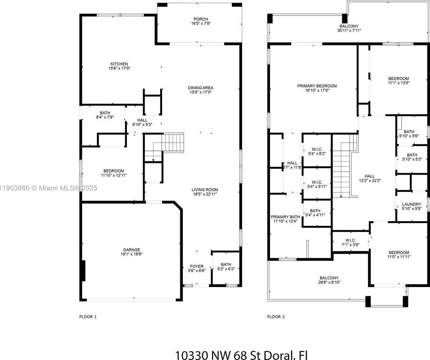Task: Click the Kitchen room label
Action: point(119,64)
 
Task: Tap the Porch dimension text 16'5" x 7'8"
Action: point(201,24)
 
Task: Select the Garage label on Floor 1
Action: point(132,250)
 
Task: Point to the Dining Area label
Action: point(200,88)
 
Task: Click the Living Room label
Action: point(205,190)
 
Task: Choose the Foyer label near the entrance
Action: point(197,266)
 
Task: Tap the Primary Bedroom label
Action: point(317,86)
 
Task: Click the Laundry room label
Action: point(412,204)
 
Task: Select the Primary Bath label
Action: point(285,217)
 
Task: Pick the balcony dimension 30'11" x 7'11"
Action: point(349,31)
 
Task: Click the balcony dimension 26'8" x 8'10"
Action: point(329,282)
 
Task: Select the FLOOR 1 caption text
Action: point(88,317)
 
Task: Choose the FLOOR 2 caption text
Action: point(276,317)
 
